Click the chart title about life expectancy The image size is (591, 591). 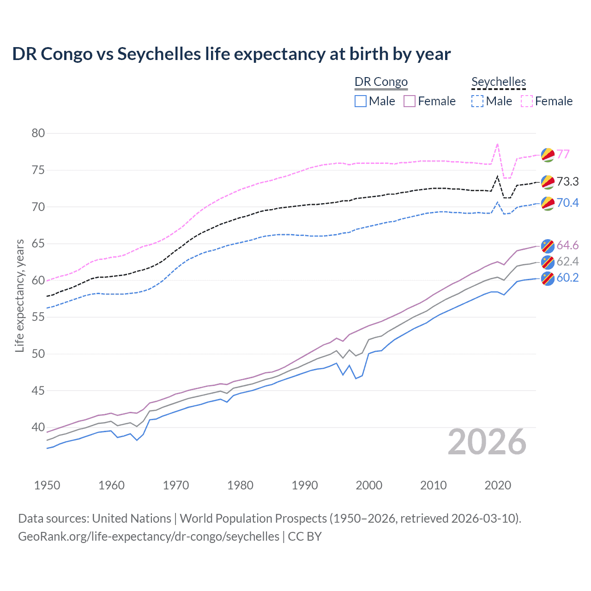click(x=231, y=54)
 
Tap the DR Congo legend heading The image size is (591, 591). click(x=381, y=82)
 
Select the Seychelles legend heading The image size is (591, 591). click(x=499, y=82)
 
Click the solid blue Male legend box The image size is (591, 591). click(x=361, y=101)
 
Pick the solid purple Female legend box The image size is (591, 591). click(x=410, y=101)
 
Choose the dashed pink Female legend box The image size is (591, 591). click(x=527, y=101)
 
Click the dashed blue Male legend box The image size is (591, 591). click(x=477, y=101)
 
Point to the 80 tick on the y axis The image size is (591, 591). click(x=38, y=133)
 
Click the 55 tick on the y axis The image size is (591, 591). click(x=38, y=317)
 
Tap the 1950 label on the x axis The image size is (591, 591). click(x=47, y=485)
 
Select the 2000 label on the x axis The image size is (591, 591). click(x=369, y=485)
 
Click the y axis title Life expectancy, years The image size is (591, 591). click(x=19, y=295)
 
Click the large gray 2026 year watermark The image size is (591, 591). click(x=487, y=442)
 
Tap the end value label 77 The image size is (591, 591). click(x=563, y=154)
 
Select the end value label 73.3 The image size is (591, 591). click(x=567, y=181)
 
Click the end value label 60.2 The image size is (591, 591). click(x=567, y=277)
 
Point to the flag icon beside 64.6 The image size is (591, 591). click(x=548, y=246)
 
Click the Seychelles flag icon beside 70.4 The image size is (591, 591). click(x=548, y=203)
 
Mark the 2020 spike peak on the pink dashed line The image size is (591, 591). click(x=497, y=144)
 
